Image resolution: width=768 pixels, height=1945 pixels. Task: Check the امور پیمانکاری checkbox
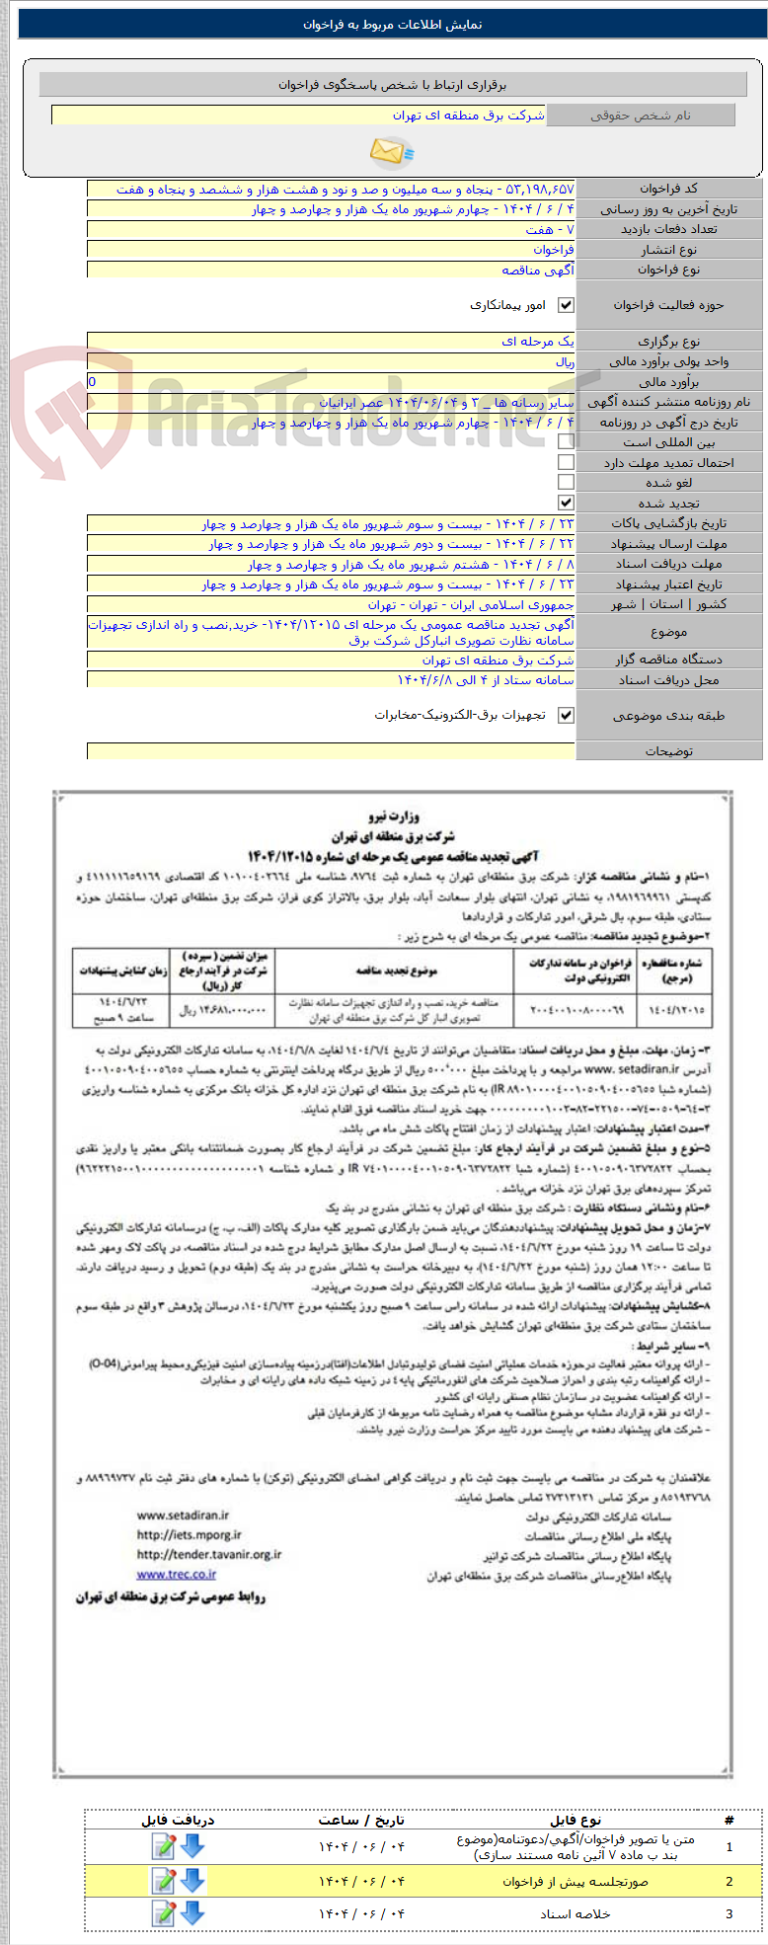click(566, 306)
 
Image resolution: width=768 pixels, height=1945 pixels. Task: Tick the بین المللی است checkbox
click(566, 442)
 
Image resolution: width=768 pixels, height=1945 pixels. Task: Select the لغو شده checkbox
click(566, 483)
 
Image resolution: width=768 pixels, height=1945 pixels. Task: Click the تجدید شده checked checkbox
click(566, 503)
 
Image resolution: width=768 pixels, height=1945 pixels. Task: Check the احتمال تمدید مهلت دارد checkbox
click(566, 462)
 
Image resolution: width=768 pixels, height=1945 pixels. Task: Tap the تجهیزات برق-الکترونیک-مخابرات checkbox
click(566, 716)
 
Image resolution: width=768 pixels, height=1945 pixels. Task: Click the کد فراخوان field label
click(668, 189)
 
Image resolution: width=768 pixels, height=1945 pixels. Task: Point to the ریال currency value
click(565, 361)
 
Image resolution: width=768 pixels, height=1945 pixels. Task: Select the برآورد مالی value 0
click(93, 382)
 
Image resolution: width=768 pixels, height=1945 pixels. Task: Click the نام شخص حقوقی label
click(641, 116)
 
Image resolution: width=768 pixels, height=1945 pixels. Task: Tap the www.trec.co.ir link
click(177, 1574)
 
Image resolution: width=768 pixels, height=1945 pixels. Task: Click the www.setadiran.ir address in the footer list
click(183, 1515)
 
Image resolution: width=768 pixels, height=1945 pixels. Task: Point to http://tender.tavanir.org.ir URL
click(208, 1554)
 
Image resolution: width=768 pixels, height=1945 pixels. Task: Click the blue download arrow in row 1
click(192, 1845)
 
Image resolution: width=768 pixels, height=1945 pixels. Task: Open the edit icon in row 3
click(164, 1913)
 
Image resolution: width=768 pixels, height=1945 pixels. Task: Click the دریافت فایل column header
click(178, 1820)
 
